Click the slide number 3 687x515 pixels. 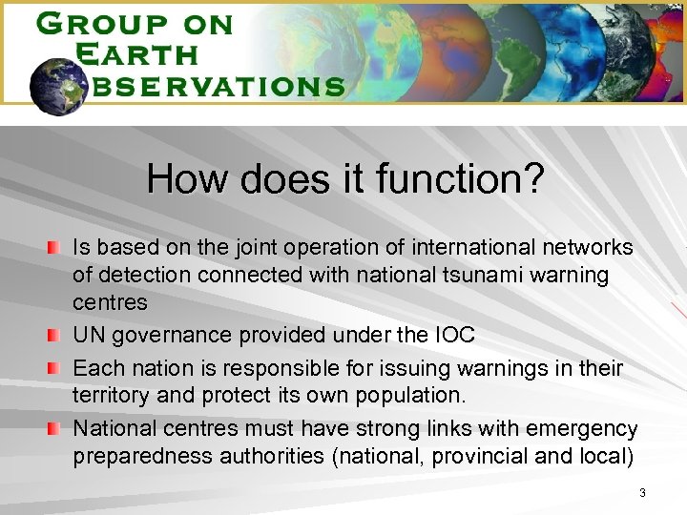click(x=642, y=493)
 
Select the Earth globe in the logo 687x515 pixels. click(x=59, y=85)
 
